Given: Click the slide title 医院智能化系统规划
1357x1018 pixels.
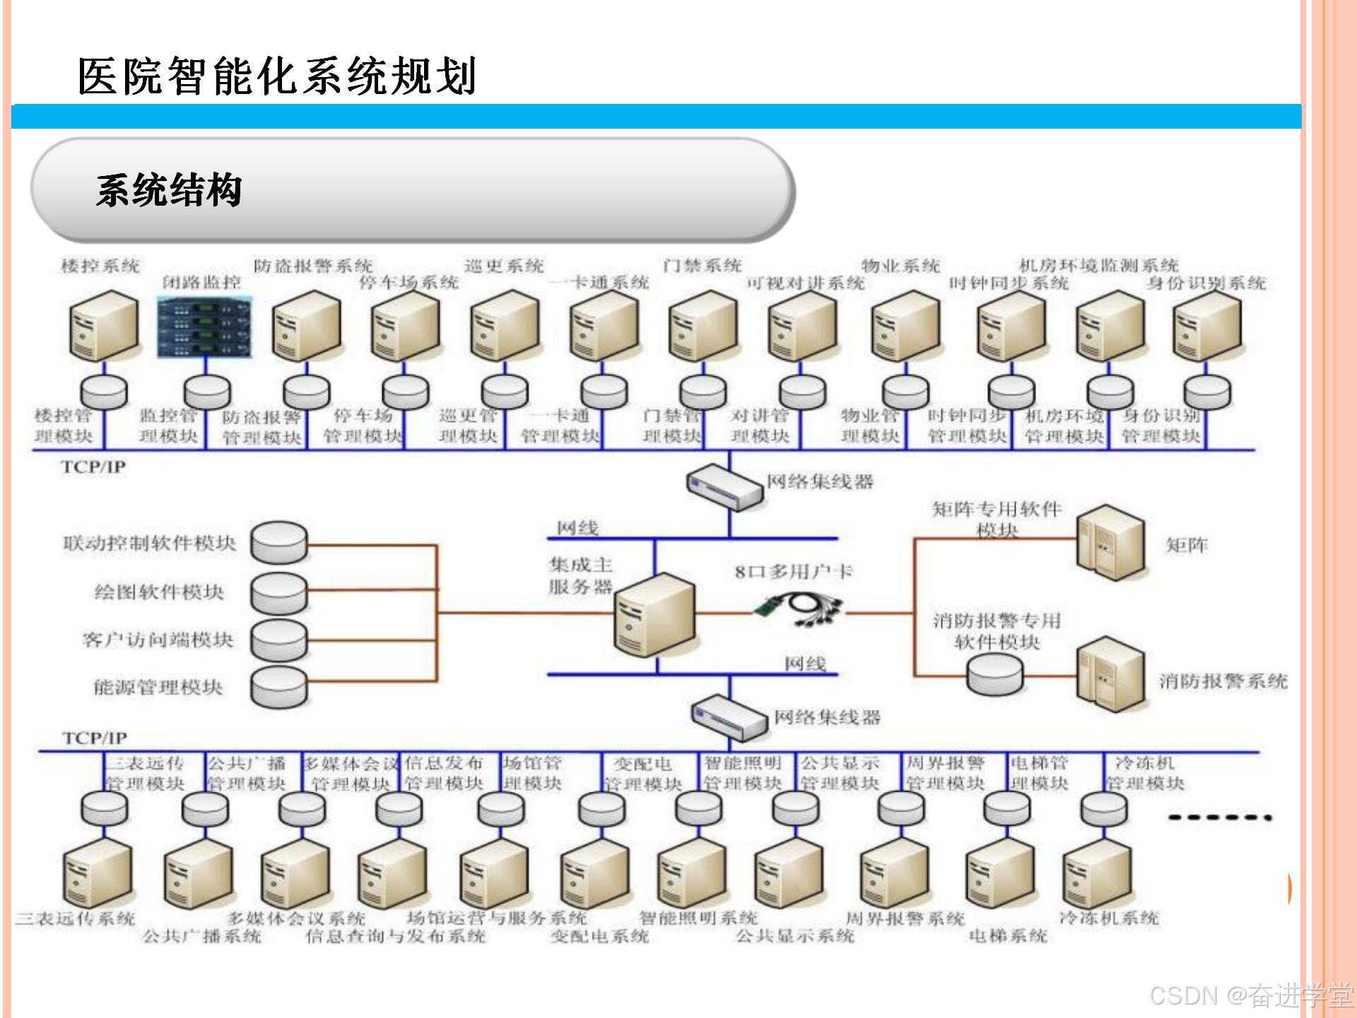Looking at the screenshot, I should [x=276, y=76].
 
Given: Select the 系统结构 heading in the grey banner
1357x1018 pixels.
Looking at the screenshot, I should [x=169, y=189].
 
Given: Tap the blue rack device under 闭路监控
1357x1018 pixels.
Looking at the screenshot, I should [x=204, y=327].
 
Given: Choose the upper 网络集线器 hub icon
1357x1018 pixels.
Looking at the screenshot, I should [x=725, y=486].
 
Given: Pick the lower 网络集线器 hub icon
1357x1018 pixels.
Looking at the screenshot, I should [x=729, y=717].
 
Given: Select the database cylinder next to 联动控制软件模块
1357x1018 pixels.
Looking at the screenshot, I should [x=280, y=543].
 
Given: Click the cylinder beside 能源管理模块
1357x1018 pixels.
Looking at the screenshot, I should [x=280, y=686].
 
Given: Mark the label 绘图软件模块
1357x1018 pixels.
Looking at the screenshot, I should [x=159, y=592].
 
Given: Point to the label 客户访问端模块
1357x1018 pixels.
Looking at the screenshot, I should [x=157, y=640].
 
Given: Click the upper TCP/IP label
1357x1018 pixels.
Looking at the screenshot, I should [x=93, y=467].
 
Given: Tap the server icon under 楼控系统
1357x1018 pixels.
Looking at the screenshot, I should [x=103, y=327].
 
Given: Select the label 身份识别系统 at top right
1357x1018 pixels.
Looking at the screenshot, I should [x=1206, y=283].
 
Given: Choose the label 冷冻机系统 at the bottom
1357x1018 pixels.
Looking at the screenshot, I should [x=1108, y=918].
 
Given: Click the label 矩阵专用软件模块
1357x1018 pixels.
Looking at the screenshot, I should [x=997, y=519].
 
